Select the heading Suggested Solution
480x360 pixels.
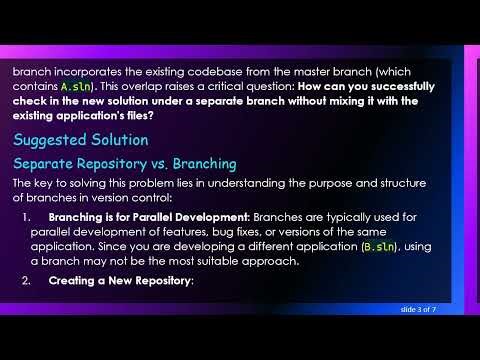(80, 139)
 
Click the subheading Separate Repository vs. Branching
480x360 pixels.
(124, 162)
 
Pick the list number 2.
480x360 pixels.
(26, 281)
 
